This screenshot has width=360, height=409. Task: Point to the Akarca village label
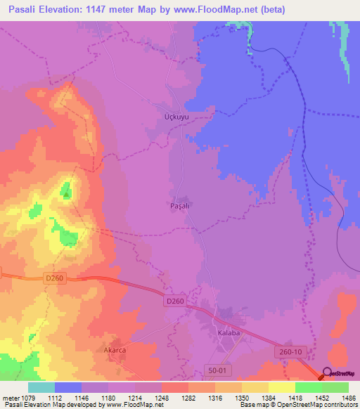pyautogui.click(x=113, y=346)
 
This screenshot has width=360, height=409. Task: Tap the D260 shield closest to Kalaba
pyautogui.click(x=175, y=301)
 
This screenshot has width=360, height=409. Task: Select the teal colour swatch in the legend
pyautogui.click(x=41, y=387)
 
